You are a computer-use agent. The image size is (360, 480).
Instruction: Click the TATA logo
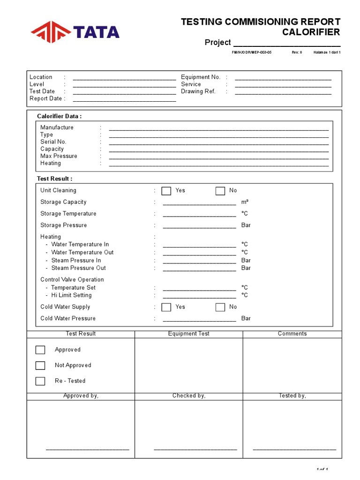click(x=75, y=32)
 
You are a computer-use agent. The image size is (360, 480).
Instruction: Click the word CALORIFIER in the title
click(x=311, y=32)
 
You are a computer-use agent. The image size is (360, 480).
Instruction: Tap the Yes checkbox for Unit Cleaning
click(x=166, y=191)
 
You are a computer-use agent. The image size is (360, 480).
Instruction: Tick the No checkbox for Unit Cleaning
click(x=220, y=191)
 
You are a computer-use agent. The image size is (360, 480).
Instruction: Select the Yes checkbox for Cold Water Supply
click(x=166, y=307)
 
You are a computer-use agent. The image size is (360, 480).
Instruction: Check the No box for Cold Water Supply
click(x=220, y=307)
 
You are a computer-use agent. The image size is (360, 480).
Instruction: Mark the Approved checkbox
click(x=40, y=350)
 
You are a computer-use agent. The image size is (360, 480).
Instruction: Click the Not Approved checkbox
click(x=40, y=366)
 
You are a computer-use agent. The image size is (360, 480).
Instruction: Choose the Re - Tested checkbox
click(x=40, y=381)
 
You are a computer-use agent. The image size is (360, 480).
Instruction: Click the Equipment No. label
click(x=201, y=77)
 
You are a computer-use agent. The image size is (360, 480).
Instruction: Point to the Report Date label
click(x=45, y=99)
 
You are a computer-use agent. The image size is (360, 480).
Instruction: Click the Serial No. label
click(x=53, y=142)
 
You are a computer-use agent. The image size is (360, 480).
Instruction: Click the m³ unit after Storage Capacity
click(x=245, y=202)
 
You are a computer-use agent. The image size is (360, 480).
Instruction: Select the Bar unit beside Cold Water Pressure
click(x=246, y=318)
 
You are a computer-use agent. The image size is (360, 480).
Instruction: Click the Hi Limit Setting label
click(x=71, y=295)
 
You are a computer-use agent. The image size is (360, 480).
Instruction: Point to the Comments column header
click(x=292, y=334)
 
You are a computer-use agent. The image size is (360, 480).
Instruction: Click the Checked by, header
click(x=189, y=396)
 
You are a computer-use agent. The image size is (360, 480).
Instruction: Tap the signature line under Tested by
click(x=294, y=450)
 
